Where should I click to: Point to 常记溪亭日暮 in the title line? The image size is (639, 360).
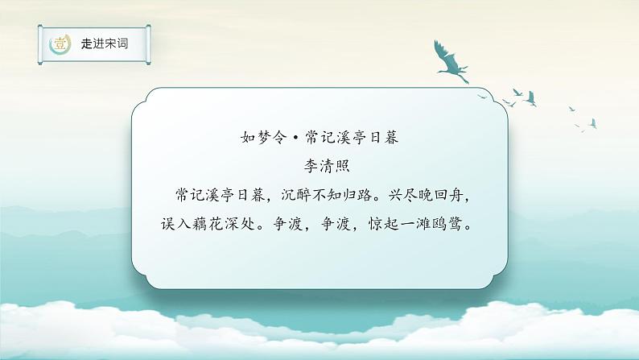348,137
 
